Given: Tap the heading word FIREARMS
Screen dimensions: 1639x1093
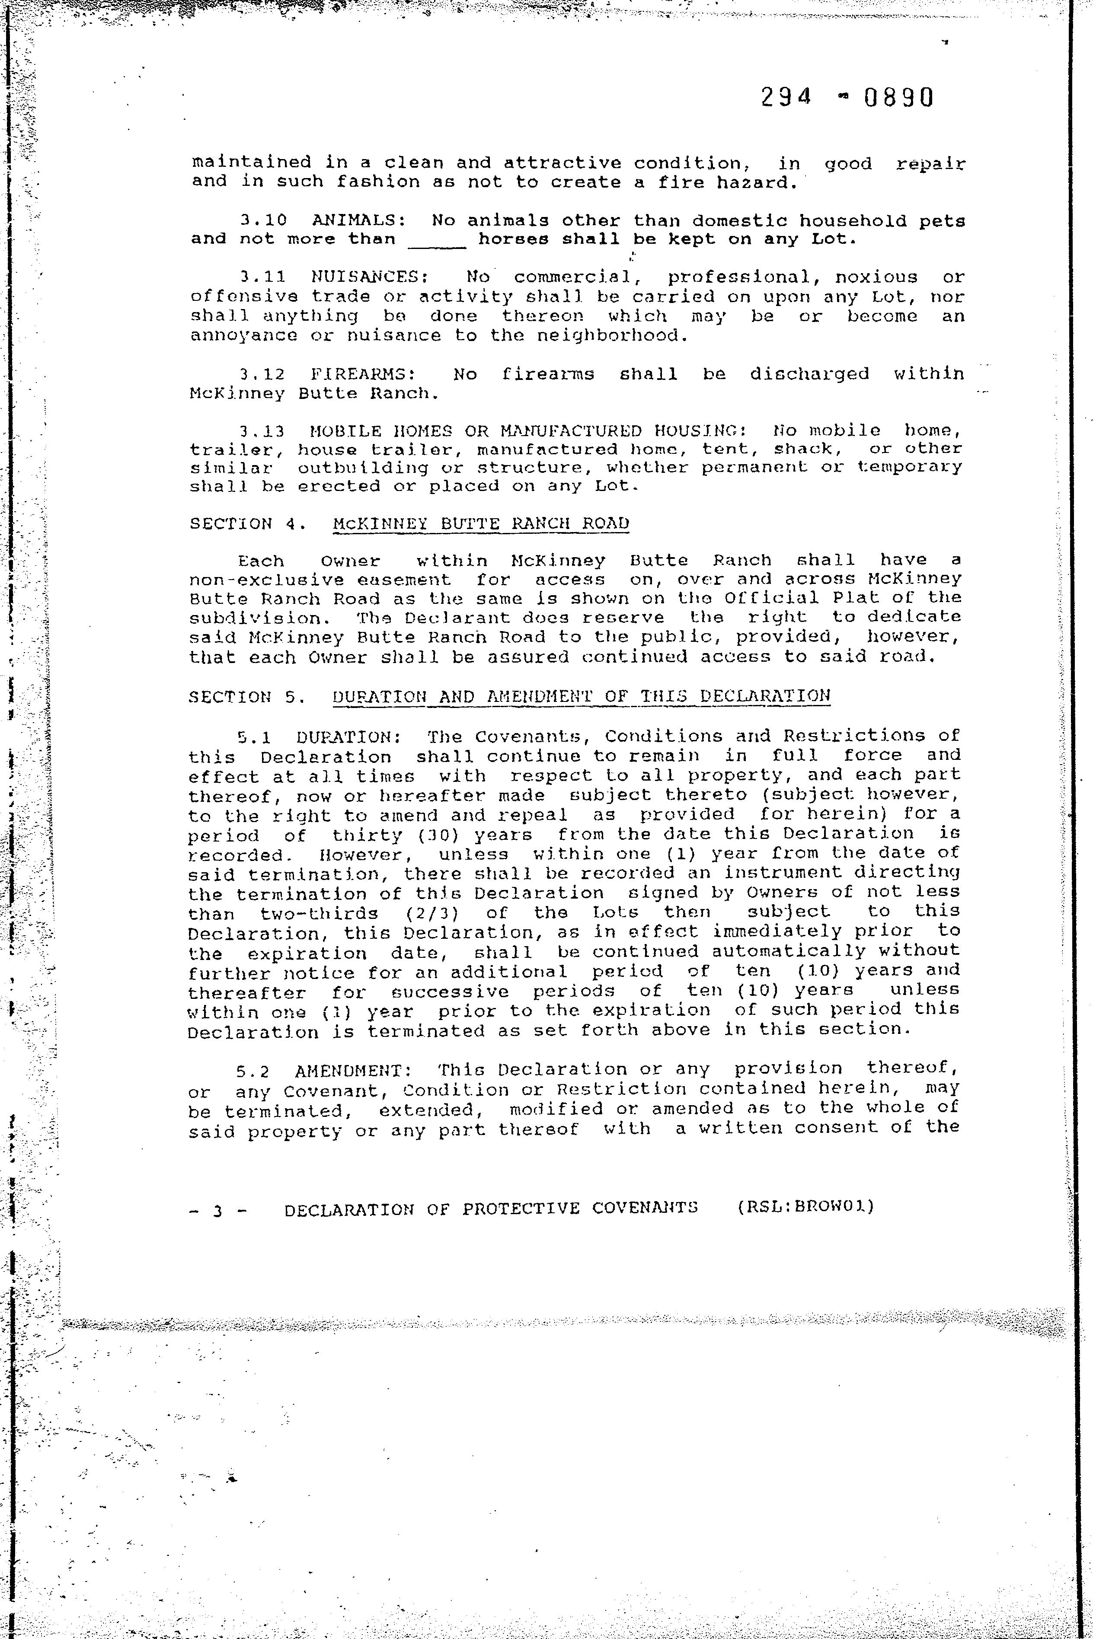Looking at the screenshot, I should pos(363,374).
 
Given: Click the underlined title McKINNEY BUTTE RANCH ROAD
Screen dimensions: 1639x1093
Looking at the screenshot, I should pos(481,524).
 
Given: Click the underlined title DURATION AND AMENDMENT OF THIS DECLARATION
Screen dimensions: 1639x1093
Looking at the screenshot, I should pos(582,697).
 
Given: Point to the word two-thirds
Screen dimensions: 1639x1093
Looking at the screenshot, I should pos(319,913).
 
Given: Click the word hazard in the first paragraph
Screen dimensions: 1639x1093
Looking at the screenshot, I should pos(756,182).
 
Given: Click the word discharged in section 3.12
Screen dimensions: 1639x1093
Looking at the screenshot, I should pos(809,374).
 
